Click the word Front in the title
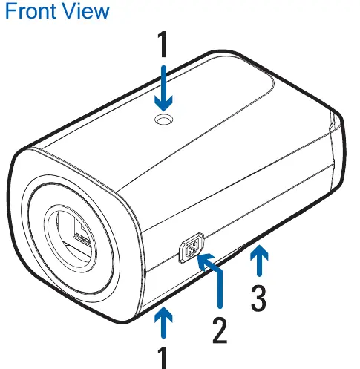pos(31,11)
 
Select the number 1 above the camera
pos(163,45)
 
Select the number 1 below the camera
pos(163,358)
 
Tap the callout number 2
pos(220,330)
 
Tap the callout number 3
pos(258,298)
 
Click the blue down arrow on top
pos(163,88)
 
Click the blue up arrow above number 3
pos(259,261)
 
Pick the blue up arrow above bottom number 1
pos(163,322)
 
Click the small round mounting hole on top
pos(163,120)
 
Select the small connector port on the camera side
pos(192,248)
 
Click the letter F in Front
pos(10,11)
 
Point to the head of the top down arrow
pos(163,103)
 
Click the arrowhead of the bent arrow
pos(205,261)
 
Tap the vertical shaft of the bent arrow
pos(220,290)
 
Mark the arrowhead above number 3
pos(259,252)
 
